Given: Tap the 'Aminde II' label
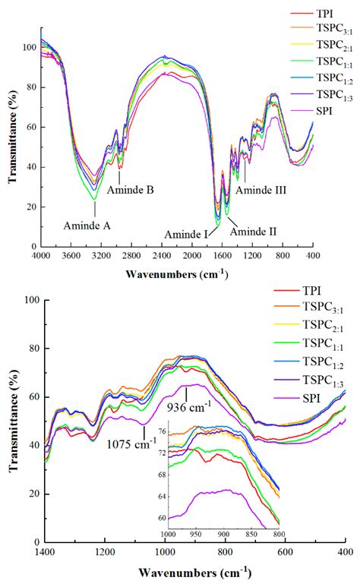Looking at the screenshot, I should point(253,231).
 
